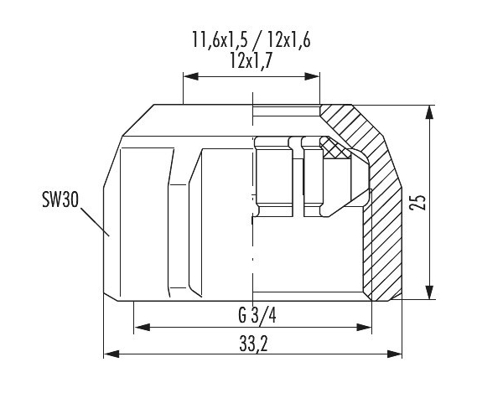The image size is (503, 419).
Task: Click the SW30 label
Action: tap(60, 199)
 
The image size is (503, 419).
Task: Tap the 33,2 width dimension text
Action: tap(253, 344)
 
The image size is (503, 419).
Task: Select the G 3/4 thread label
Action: tap(257, 315)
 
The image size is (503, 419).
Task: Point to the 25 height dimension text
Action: tap(417, 202)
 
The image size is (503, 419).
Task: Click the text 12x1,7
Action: tap(251, 60)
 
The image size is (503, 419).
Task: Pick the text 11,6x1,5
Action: tap(220, 40)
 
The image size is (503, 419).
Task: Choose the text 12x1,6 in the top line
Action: tap(289, 40)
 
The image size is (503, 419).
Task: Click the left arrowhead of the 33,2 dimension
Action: tap(111, 354)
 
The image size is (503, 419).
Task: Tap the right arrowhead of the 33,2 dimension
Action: tap(395, 354)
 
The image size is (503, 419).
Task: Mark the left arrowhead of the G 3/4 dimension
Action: tap(143, 328)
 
